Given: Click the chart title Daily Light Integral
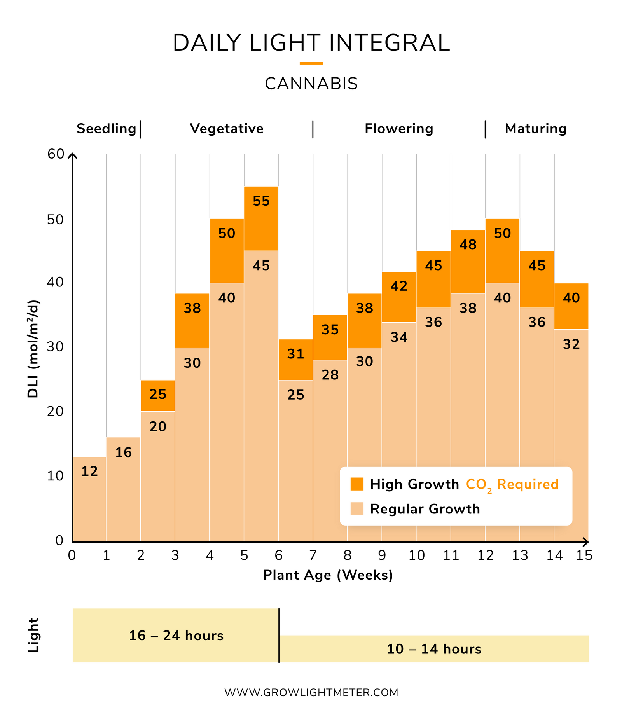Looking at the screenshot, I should point(311,43).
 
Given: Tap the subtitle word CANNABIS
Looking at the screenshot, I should point(311,84).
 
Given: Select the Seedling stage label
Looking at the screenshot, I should point(106,129).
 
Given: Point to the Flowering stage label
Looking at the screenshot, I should point(399,129).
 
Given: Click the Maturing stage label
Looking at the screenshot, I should point(536,129).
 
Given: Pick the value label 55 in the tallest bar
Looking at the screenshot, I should point(261,201).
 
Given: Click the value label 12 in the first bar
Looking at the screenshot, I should point(89,472).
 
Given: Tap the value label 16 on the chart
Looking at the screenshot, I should point(124,452).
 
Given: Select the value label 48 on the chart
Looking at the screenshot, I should point(468,244).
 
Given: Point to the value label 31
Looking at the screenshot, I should point(295,354).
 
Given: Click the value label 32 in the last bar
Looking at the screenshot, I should point(571,344).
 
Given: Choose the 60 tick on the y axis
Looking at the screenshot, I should point(56,154).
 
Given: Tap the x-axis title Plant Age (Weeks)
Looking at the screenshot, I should point(328,575).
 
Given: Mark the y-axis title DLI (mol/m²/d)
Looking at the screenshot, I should point(33,349).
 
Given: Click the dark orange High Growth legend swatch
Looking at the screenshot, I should point(356,484).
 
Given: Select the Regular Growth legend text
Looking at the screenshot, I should point(425,509).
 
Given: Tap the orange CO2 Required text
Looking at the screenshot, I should point(512,485).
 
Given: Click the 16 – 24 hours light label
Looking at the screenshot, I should point(176,636).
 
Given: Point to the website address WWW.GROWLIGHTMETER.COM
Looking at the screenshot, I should point(311,692).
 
